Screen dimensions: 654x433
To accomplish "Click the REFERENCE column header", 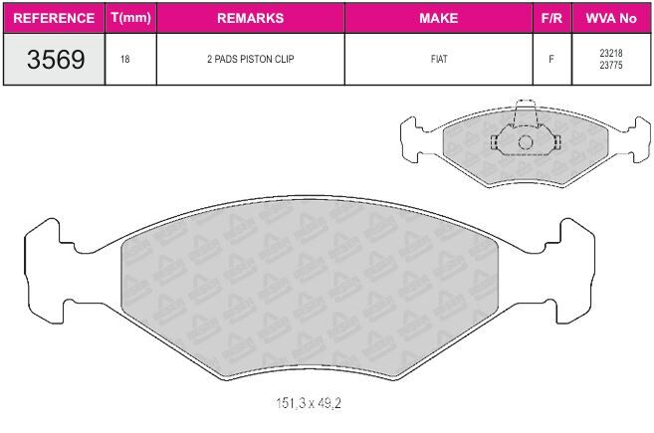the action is coord(54,18).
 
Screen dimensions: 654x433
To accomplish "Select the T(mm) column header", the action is coord(131,18).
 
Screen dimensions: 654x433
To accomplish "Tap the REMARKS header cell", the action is coord(250,18).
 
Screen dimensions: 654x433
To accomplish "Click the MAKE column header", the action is coord(438,18).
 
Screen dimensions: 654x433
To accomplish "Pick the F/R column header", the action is coord(551,18).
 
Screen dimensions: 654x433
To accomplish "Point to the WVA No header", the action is coord(611,18).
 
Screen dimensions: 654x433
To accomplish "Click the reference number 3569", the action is coord(56,60).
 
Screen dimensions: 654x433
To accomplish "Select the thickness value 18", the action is coord(125,60).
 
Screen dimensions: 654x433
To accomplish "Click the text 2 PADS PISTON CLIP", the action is coord(250,60).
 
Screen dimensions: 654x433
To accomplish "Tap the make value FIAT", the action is coord(439,60).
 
